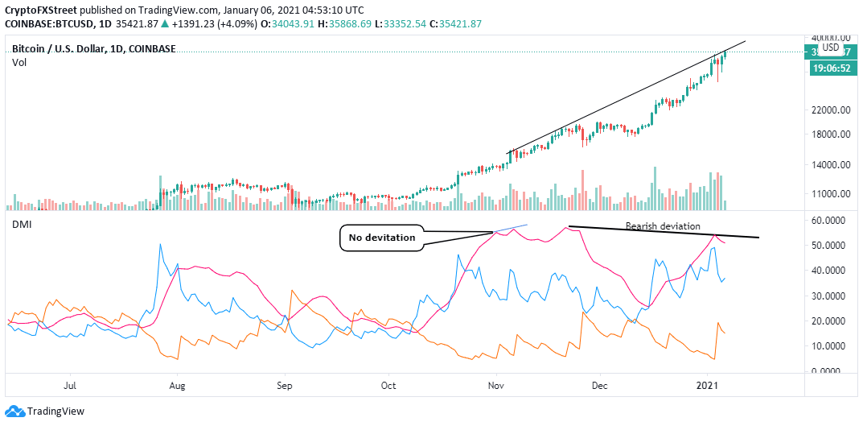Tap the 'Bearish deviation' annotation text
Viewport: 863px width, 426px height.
(663, 226)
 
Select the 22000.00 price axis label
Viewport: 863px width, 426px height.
(832, 110)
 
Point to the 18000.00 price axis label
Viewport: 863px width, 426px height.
(832, 134)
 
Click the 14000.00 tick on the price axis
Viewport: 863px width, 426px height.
(832, 164)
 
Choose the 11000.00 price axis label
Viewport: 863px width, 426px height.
(832, 193)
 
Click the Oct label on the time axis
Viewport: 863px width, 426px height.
(388, 386)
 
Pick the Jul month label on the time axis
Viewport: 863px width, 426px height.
(70, 386)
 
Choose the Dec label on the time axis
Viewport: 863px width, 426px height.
(598, 386)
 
